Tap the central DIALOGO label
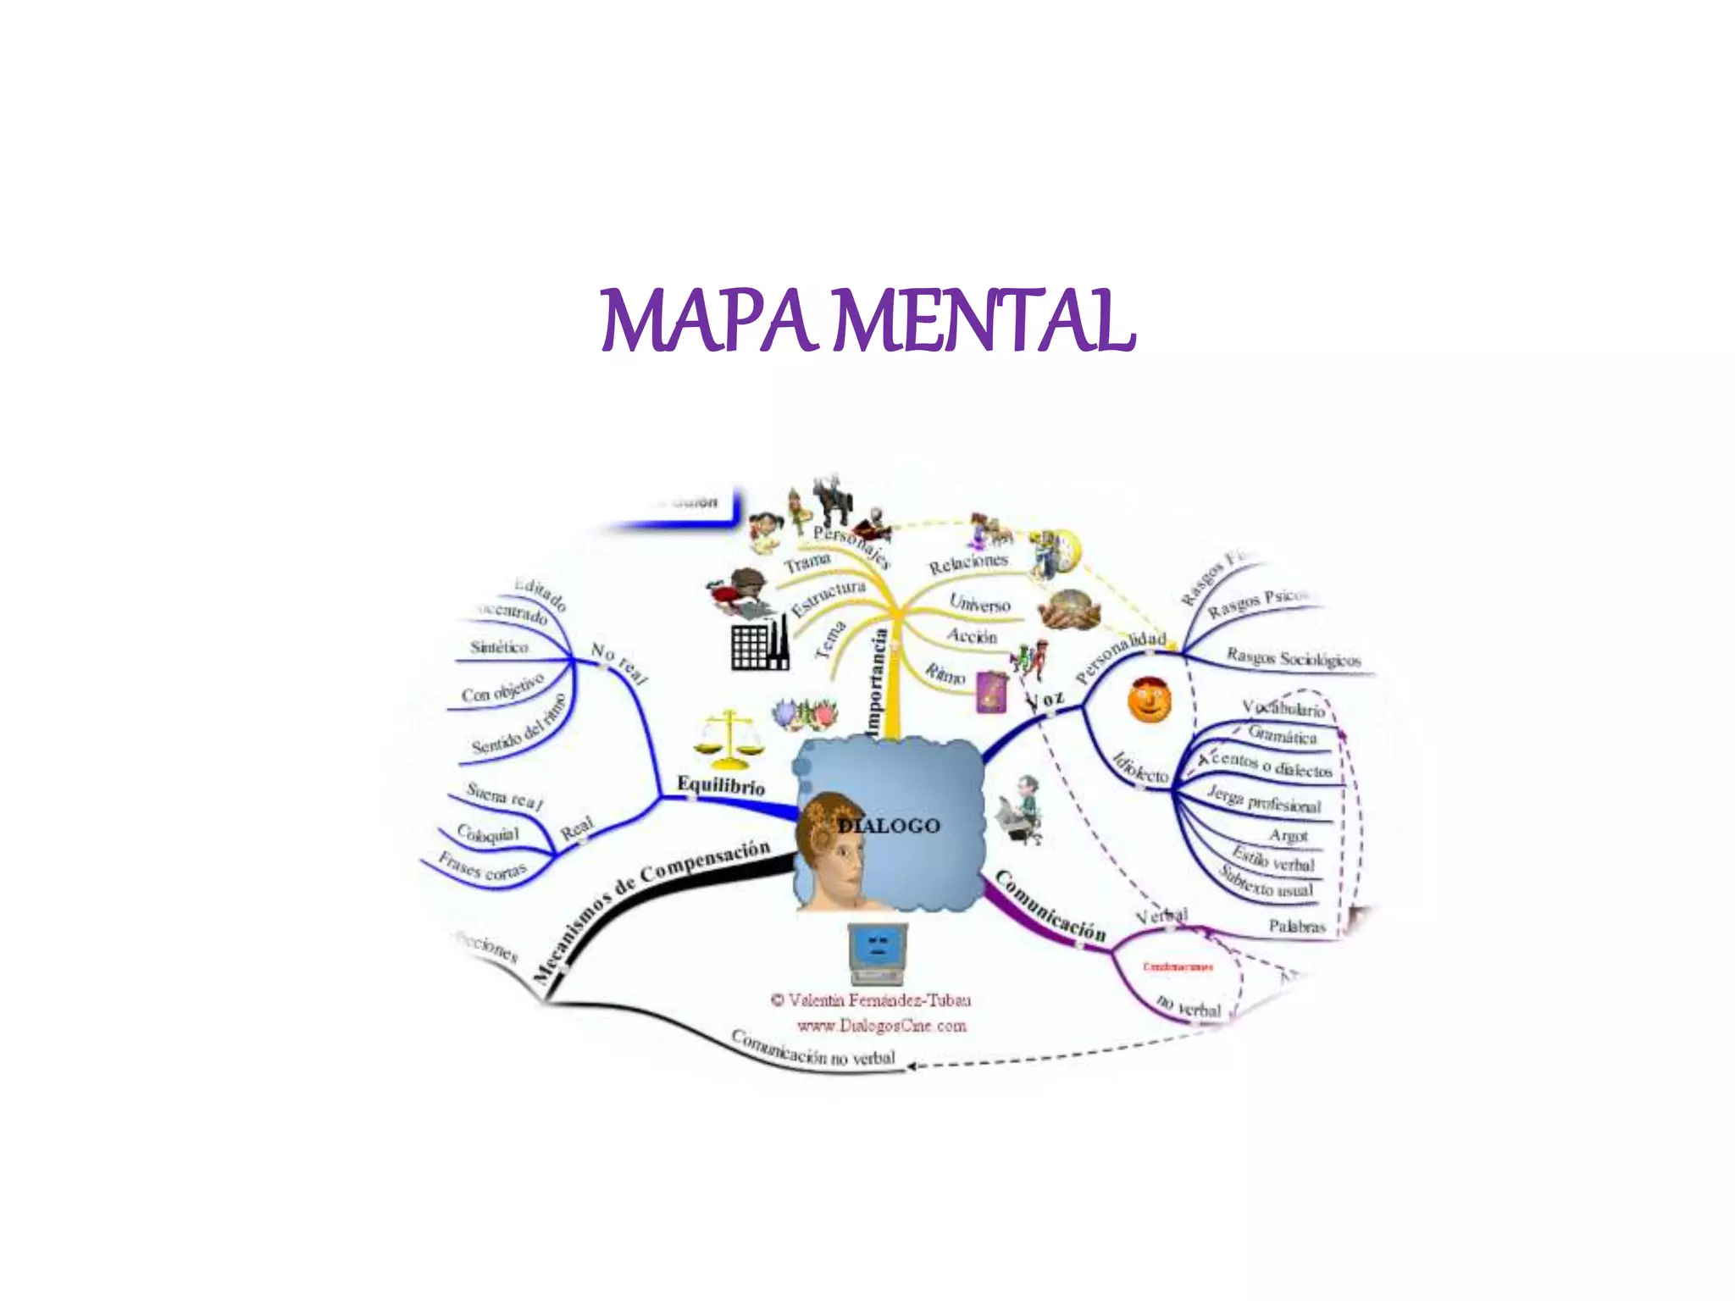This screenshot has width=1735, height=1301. tap(890, 826)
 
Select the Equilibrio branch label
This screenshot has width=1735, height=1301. tap(721, 785)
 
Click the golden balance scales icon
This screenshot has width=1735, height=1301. tap(728, 735)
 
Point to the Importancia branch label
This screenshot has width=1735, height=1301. tap(876, 682)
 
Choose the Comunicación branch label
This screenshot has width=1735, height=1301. tap(1050, 907)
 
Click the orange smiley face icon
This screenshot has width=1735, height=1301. tap(1150, 699)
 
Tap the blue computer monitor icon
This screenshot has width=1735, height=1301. tap(878, 952)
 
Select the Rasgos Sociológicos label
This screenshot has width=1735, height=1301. tap(1294, 658)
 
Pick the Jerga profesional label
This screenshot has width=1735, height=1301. tap(1264, 800)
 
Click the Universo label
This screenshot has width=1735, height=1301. tap(979, 603)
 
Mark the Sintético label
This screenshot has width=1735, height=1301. tap(500, 647)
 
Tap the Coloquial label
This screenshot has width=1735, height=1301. tap(488, 833)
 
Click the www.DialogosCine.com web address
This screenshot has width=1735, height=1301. tap(881, 1027)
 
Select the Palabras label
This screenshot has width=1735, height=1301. tap(1296, 927)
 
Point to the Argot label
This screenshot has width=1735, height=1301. tap(1289, 836)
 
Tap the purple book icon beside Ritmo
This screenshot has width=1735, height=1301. tap(992, 691)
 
